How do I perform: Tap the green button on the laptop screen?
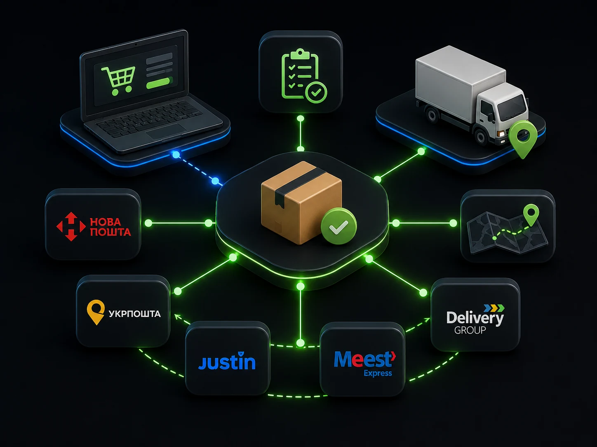[160, 83]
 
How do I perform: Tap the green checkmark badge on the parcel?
[338, 226]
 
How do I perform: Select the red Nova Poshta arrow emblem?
[71, 226]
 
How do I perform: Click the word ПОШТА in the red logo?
[110, 232]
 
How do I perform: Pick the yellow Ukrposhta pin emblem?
[96, 312]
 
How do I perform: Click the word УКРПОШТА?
[135, 314]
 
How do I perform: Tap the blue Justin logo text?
[227, 361]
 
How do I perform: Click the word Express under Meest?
[378, 373]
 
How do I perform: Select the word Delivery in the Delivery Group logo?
[475, 318]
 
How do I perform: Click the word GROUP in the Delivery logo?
[470, 330]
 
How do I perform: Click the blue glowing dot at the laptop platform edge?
[176, 155]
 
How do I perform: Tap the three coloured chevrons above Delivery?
[494, 308]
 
